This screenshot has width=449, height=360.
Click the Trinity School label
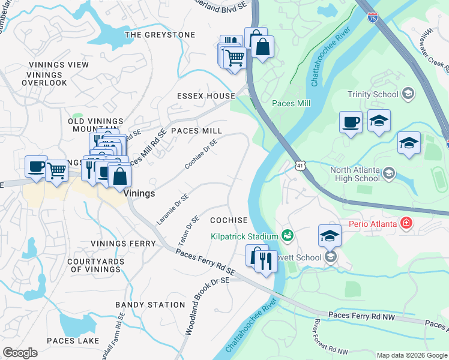[373, 94]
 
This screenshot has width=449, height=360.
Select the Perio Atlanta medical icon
[407, 224]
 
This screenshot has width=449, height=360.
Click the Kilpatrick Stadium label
[244, 236]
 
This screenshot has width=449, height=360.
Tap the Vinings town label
[139, 194]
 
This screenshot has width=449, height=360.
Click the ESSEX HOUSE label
[206, 96]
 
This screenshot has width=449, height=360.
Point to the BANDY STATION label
[150, 305]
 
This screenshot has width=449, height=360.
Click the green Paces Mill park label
[291, 104]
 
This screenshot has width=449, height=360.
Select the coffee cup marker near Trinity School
[351, 123]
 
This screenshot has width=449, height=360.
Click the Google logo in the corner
[20, 352]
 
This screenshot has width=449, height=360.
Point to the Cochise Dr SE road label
[200, 154]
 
